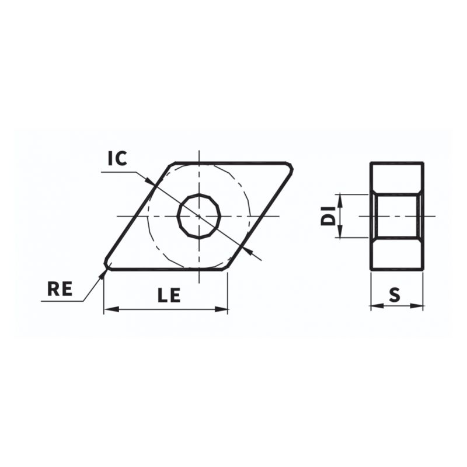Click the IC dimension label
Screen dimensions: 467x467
point(117,158)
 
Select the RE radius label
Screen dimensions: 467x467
point(60,289)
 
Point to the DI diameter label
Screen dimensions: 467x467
point(329,215)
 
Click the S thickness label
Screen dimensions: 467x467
point(395,295)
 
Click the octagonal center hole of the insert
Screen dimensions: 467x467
point(199,216)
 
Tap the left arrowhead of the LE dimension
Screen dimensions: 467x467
point(109,309)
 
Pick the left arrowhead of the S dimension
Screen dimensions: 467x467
point(375,305)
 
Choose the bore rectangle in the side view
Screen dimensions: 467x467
point(397,216)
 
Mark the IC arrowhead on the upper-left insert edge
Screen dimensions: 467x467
point(153,183)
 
